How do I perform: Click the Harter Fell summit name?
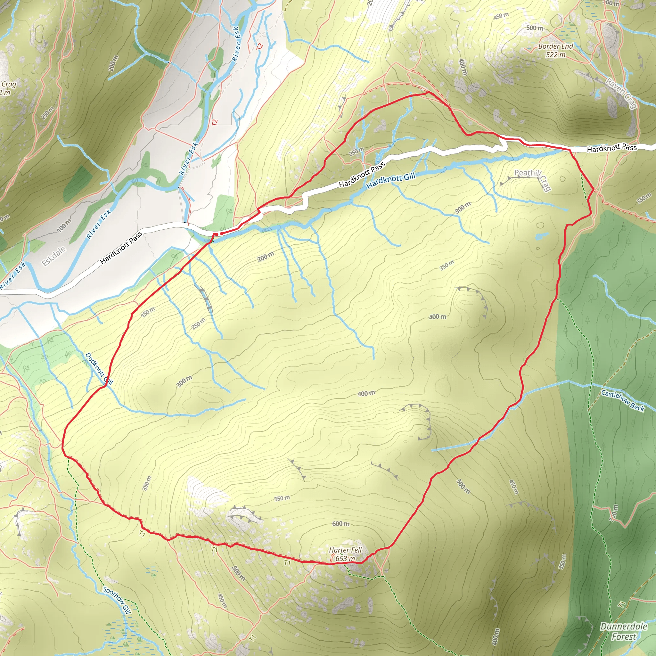tap(345, 550)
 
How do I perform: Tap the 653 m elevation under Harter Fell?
tap(345, 559)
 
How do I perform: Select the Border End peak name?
tap(555, 46)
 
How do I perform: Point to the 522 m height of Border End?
tap(555, 55)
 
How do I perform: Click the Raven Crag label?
tap(621, 94)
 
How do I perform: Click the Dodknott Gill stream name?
tap(98, 369)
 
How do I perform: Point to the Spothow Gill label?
tap(117, 600)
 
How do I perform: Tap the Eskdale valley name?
tap(53, 256)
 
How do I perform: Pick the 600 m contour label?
tap(340, 524)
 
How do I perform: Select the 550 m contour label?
tap(282, 498)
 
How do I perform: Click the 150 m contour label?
tap(148, 311)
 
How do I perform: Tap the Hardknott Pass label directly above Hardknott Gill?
tap(362, 174)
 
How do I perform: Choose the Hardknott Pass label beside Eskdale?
tap(121, 248)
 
